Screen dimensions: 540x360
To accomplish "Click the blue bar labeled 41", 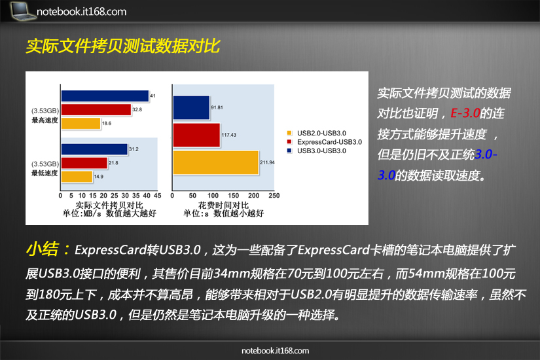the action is pyautogui.click(x=105, y=96).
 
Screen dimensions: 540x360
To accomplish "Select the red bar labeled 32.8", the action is pyautogui.click(x=96, y=110).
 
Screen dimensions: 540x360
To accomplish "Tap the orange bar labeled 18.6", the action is pyautogui.click(x=81, y=124).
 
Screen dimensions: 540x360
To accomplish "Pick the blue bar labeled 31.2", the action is pyautogui.click(x=94, y=149).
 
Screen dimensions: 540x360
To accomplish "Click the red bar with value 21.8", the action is pyautogui.click(x=84, y=163).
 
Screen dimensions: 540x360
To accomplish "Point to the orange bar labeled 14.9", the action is pyautogui.click(x=77, y=177).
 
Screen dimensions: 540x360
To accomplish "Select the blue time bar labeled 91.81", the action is pyautogui.click(x=191, y=108).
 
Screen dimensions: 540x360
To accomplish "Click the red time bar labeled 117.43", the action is pyautogui.click(x=196, y=135).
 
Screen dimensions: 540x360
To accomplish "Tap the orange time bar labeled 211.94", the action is pyautogui.click(x=216, y=162).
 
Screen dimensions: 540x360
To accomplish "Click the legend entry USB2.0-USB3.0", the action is pyautogui.click(x=317, y=133).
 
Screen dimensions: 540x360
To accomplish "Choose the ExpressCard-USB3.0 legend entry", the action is pyautogui.click(x=325, y=142).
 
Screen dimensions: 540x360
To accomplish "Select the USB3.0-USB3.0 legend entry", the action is pyautogui.click(x=317, y=151).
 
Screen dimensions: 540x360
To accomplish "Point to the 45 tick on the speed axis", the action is pyautogui.click(x=157, y=196).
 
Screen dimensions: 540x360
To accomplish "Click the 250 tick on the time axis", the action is pyautogui.click(x=274, y=196).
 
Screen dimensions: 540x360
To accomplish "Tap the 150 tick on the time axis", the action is pyautogui.click(x=233, y=196).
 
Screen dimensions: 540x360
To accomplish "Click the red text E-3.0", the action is pyautogui.click(x=465, y=113).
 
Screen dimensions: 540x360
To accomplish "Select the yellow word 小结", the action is pyautogui.click(x=43, y=249).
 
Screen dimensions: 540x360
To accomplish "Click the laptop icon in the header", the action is pyautogui.click(x=23, y=10).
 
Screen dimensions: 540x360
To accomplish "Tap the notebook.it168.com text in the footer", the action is pyautogui.click(x=275, y=351).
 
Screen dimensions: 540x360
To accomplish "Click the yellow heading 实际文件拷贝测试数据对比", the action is pyautogui.click(x=123, y=46).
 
